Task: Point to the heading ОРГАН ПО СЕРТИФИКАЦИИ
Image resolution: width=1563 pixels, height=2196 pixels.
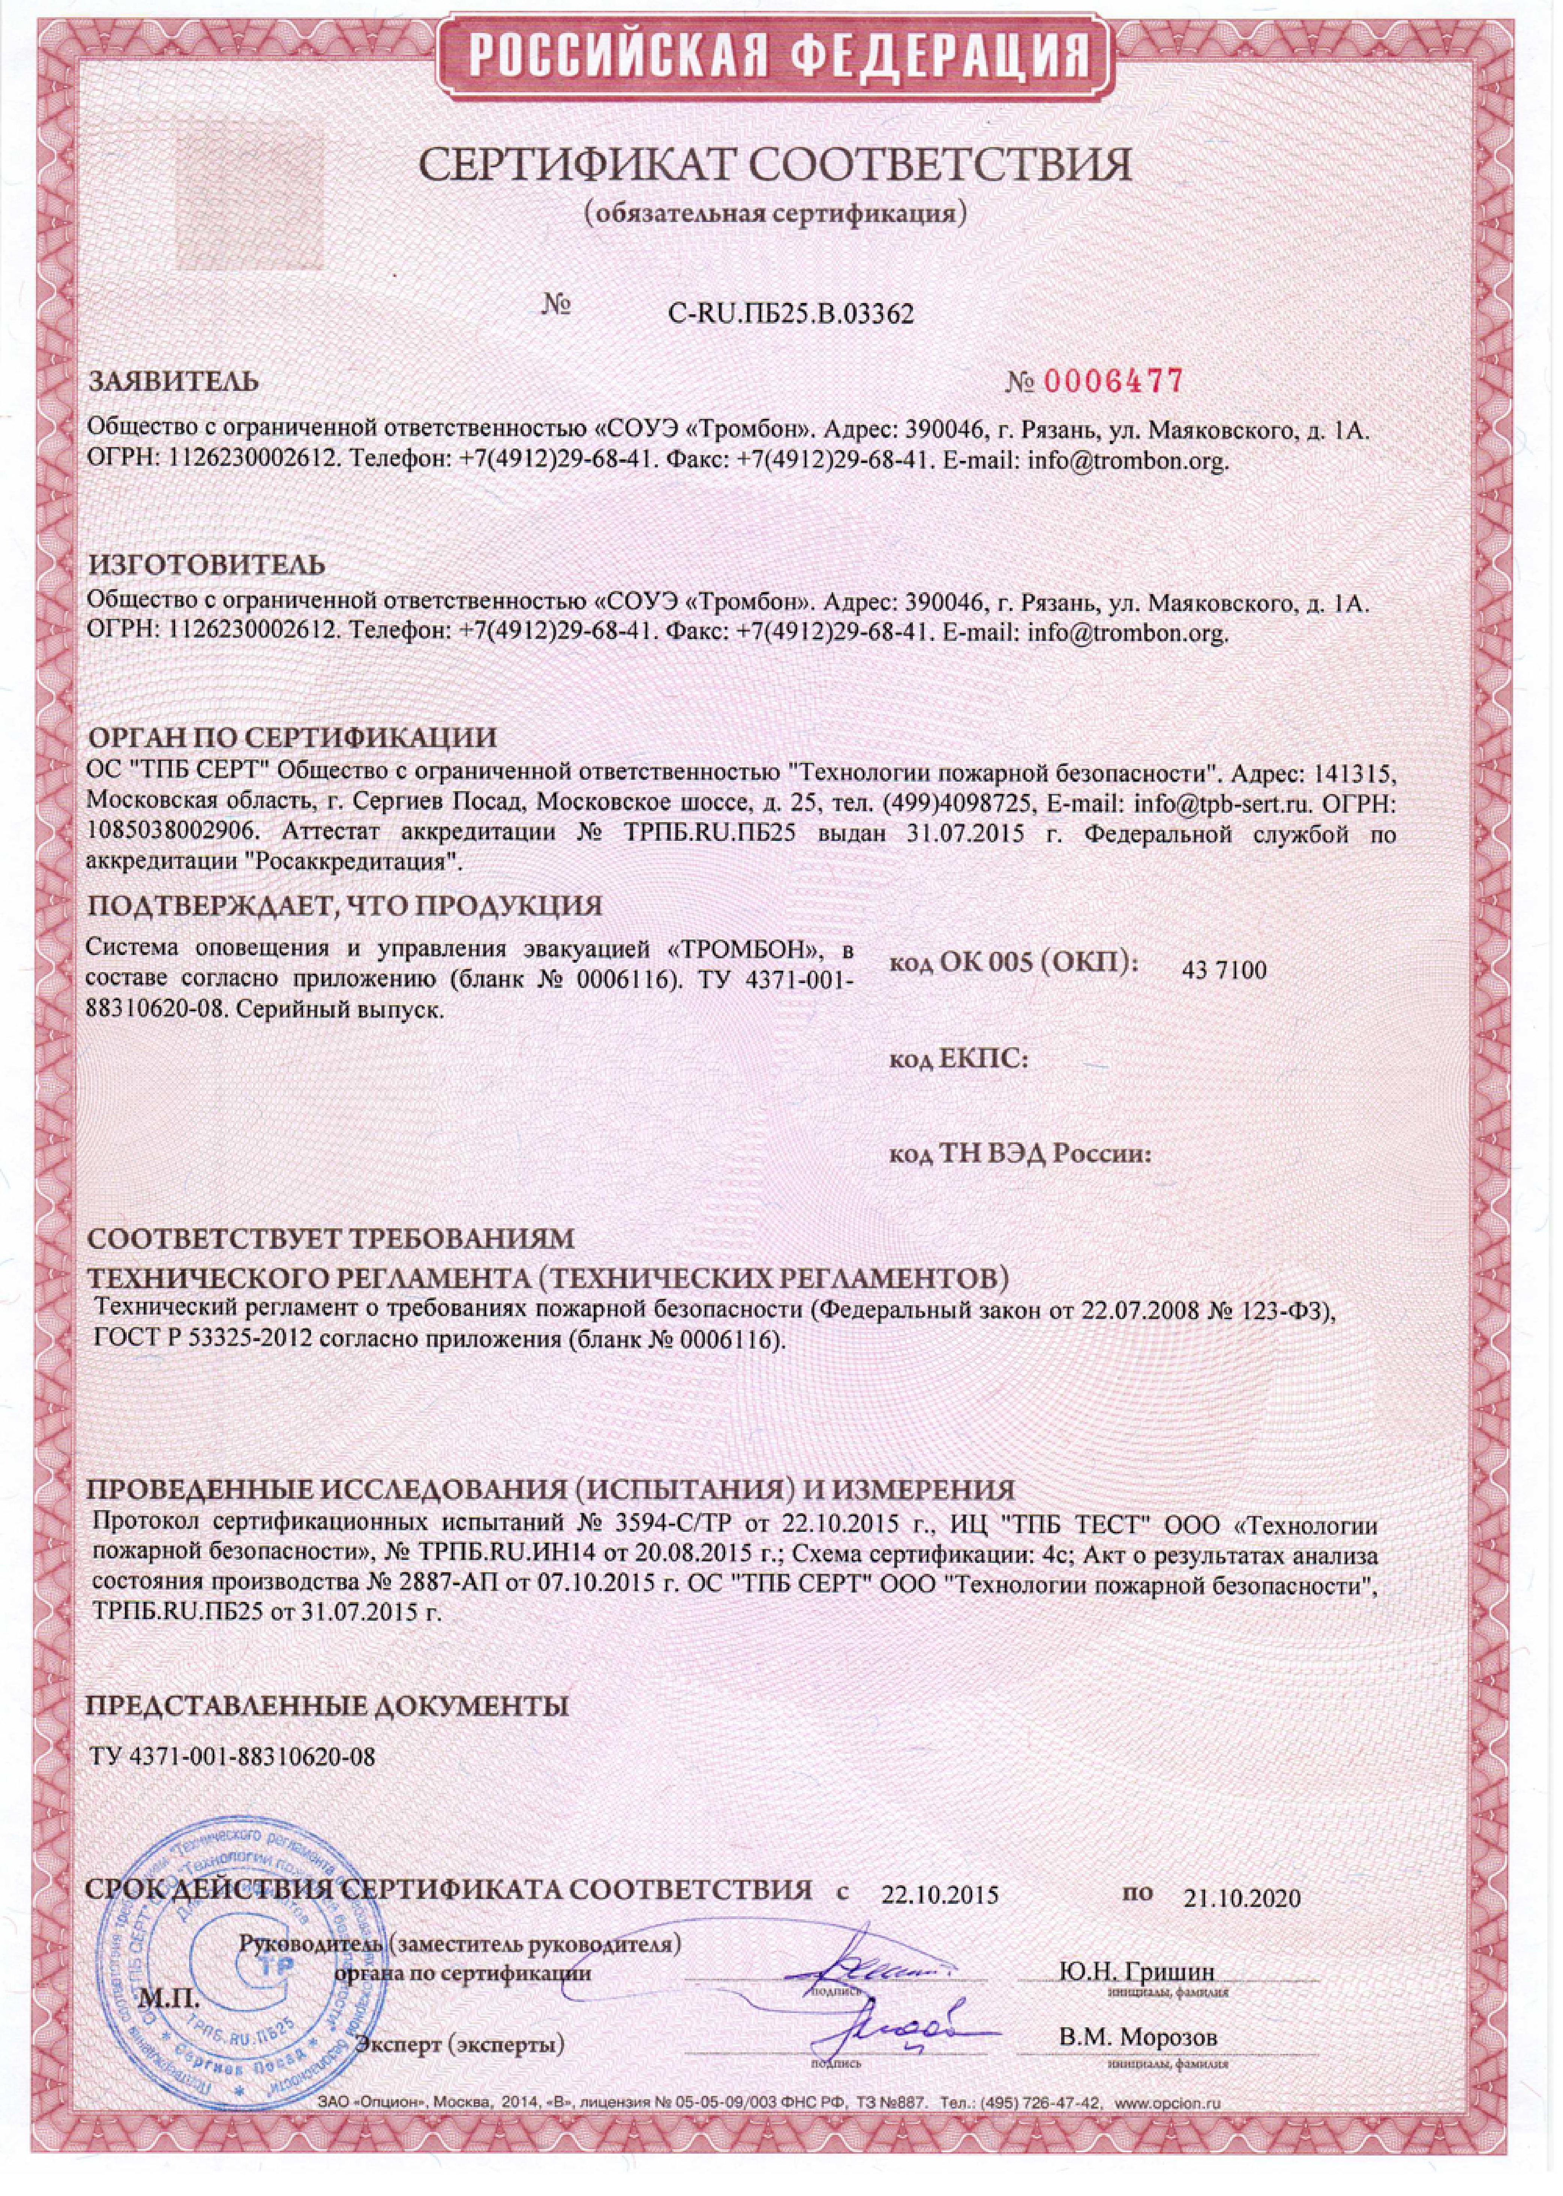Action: tap(293, 738)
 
